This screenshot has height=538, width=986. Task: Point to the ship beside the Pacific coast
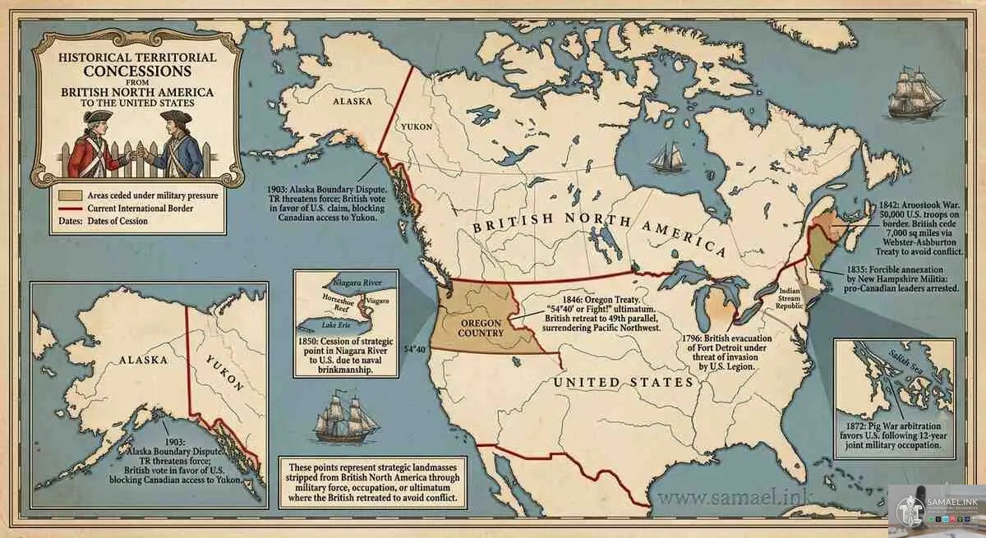(346, 418)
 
